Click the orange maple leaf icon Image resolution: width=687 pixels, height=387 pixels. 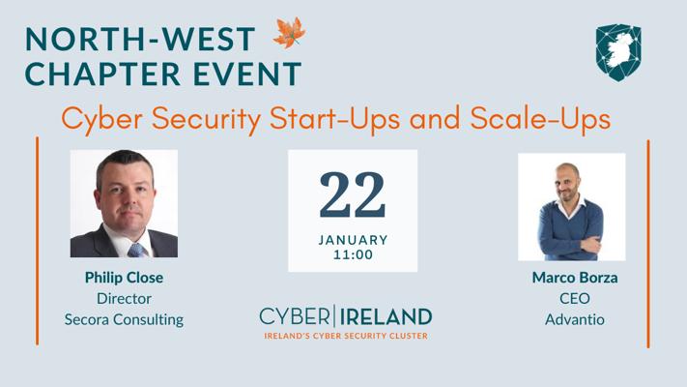pyautogui.click(x=289, y=33)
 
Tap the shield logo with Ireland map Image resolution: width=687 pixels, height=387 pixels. pyautogui.click(x=618, y=52)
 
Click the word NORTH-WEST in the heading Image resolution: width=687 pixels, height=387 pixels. pyautogui.click(x=140, y=39)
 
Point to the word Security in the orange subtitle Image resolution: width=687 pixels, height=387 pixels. pyautogui.click(x=206, y=119)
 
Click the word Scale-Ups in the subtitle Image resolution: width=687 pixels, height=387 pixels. pyautogui.click(x=540, y=119)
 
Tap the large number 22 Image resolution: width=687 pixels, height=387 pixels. pyautogui.click(x=353, y=194)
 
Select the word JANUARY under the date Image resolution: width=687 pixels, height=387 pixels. pyautogui.click(x=353, y=240)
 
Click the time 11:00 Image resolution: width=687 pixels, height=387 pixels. pyautogui.click(x=353, y=254)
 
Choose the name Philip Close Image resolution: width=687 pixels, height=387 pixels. pyautogui.click(x=124, y=278)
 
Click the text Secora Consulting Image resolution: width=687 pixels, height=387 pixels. pyautogui.click(x=124, y=319)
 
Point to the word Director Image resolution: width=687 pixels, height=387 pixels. pyautogui.click(x=124, y=298)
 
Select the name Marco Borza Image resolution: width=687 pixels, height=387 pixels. pyautogui.click(x=575, y=278)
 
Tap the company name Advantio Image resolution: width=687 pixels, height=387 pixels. pyautogui.click(x=575, y=319)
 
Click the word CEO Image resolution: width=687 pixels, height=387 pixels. pyautogui.click(x=575, y=298)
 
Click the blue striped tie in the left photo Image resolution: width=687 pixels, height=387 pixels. pyautogui.click(x=137, y=251)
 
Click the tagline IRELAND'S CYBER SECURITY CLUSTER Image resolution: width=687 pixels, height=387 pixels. pyautogui.click(x=346, y=336)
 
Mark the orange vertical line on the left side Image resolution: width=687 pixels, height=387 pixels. pyautogui.click(x=38, y=241)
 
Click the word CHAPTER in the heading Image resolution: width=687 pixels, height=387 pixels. pyautogui.click(x=103, y=74)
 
